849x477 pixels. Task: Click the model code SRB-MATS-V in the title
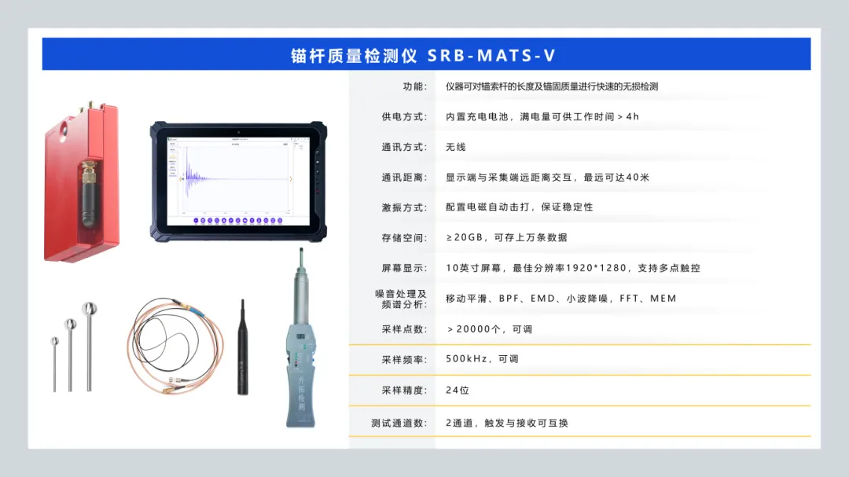[491, 55]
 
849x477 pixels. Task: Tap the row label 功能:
[415, 86]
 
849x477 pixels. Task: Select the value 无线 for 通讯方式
[455, 147]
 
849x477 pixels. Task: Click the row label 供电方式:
[405, 117]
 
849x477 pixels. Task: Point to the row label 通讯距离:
[405, 178]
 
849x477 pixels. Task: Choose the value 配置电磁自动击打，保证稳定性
[520, 207]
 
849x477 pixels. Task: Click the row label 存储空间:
[405, 237]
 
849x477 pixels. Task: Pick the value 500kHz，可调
[482, 359]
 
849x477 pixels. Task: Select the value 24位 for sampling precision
[458, 391]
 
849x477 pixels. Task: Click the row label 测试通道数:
[399, 424]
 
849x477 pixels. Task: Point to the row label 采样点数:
[405, 329]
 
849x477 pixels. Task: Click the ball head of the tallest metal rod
[90, 309]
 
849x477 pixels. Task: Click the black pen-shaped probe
[243, 347]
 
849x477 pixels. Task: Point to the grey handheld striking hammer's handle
[300, 379]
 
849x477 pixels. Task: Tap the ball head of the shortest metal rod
[55, 341]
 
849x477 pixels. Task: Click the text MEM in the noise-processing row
[663, 299]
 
